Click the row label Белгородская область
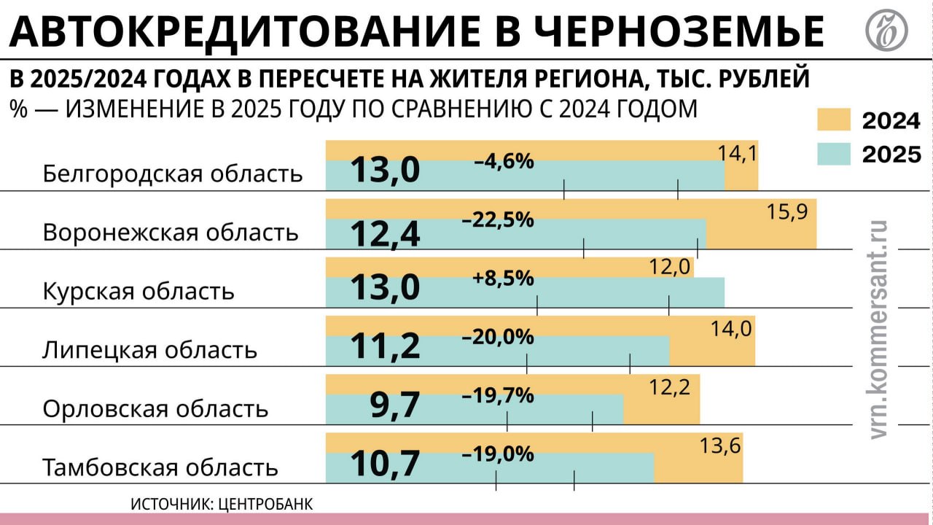[173, 174]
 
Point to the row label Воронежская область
[171, 233]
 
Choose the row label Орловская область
[155, 408]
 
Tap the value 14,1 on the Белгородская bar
[738, 154]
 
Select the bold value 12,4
[386, 233]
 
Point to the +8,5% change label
[503, 279]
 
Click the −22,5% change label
[498, 219]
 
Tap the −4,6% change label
[504, 161]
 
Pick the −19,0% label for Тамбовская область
[498, 454]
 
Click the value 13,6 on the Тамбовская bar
[721, 446]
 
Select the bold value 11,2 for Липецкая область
[386, 346]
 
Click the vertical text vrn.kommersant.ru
[880, 330]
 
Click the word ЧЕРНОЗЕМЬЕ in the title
[679, 30]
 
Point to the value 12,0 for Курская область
[670, 268]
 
